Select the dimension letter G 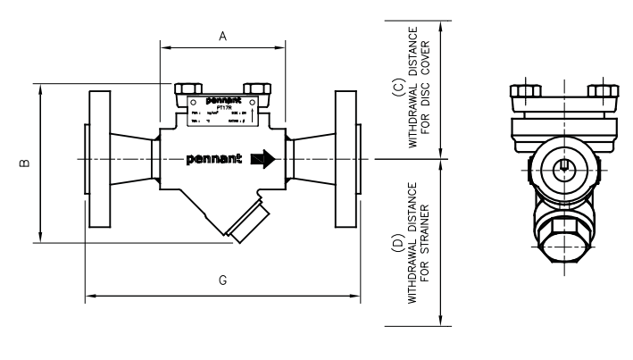222,280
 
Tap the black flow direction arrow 262,160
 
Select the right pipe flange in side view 346,160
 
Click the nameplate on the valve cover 221,115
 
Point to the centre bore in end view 563,166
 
